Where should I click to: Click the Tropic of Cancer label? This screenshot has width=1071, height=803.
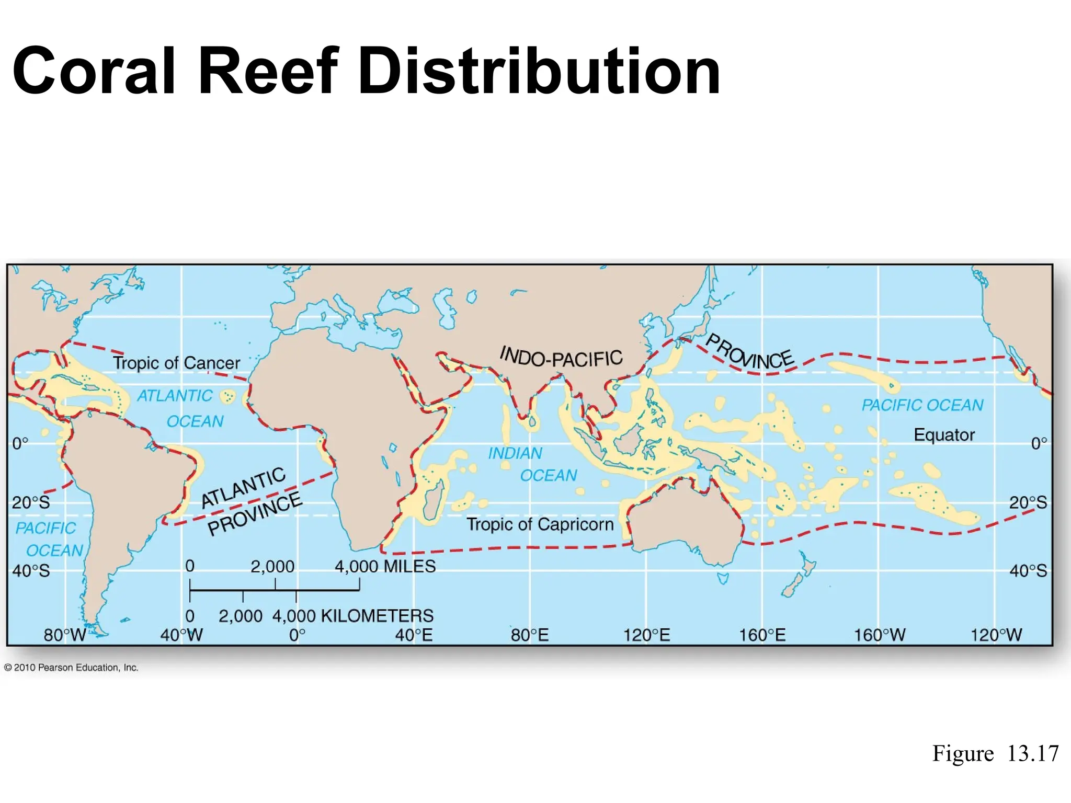[x=176, y=363]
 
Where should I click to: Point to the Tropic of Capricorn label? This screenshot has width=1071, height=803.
[x=540, y=524]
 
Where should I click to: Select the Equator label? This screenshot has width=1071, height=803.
[x=944, y=435]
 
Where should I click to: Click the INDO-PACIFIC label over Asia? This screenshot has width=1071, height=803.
[x=561, y=357]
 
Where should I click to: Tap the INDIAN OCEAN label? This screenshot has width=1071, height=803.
[x=532, y=464]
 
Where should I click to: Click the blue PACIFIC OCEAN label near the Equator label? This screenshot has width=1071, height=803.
[x=922, y=405]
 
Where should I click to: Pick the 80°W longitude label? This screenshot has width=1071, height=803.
[x=64, y=635]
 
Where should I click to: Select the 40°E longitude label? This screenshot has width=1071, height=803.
[x=414, y=635]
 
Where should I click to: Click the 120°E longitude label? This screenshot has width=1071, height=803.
[x=646, y=635]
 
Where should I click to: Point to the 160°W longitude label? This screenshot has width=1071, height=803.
[x=880, y=635]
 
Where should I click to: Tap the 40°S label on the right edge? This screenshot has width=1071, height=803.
[x=1028, y=570]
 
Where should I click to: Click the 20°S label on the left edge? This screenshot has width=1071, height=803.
[x=31, y=503]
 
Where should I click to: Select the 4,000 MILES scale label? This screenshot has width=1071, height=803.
[x=385, y=566]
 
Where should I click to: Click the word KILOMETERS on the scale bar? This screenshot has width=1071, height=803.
[x=377, y=616]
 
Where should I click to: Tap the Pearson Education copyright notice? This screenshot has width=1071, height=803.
[x=71, y=668]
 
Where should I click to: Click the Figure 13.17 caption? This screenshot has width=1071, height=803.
[x=995, y=753]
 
